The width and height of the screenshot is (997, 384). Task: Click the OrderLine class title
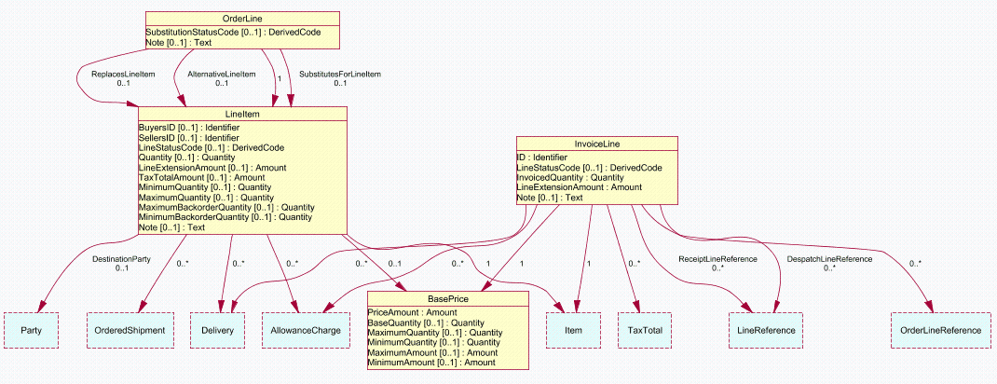pos(241,19)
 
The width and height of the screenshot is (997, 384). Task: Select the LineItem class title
pos(240,114)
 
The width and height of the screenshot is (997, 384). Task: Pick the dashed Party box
pos(32,330)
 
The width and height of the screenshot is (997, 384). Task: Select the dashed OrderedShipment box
pos(130,330)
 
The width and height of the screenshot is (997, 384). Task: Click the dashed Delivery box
pos(224,330)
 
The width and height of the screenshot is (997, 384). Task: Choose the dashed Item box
pos(573,330)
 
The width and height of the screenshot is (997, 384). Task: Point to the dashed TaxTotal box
pos(645,330)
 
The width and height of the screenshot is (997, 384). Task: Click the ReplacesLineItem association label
pos(123,73)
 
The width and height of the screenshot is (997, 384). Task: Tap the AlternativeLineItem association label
pos(222,73)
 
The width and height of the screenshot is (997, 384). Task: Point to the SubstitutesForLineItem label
pos(340,73)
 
